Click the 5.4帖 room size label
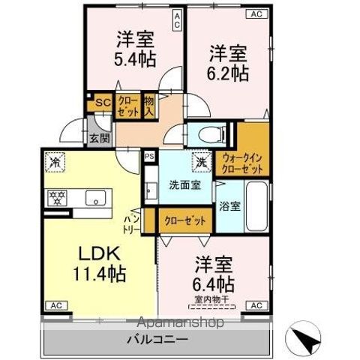coord(135,60)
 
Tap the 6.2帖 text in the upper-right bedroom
coord(228,73)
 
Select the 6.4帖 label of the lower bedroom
coord(214,284)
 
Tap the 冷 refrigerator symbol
coord(55,160)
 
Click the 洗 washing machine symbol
coord(200,160)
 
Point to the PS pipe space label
coord(149,157)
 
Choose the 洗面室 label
coord(183,185)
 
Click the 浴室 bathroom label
coord(229,206)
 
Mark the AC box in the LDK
coord(55,305)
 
